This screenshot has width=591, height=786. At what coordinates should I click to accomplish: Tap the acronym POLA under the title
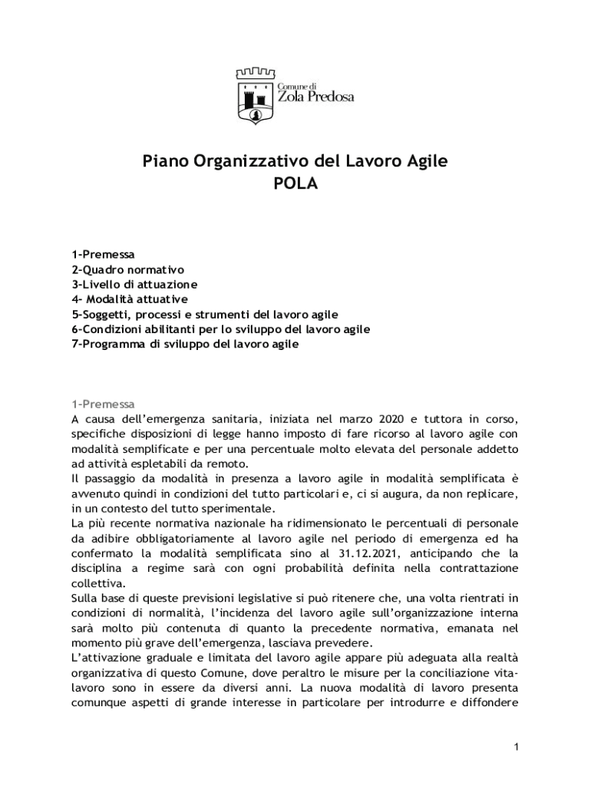pyautogui.click(x=295, y=184)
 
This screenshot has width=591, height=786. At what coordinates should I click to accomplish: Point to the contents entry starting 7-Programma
pyautogui.click(x=185, y=345)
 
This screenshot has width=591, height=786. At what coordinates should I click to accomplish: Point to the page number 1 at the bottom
pyautogui.click(x=517, y=747)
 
